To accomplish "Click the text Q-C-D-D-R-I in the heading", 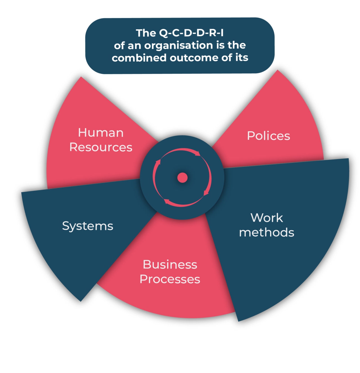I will [192, 33].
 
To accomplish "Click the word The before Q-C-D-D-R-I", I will [146, 33].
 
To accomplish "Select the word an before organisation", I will [134, 46].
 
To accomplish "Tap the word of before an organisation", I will [119, 46].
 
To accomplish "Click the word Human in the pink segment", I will [101, 133].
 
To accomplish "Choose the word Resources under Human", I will [101, 147].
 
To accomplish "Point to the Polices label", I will [268, 136].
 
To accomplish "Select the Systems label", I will [87, 226].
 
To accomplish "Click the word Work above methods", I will [267, 218].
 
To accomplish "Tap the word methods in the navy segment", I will [267, 233].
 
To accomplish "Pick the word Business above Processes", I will [170, 265].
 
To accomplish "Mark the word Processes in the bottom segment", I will [170, 279].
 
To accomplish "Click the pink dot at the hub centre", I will [183, 178].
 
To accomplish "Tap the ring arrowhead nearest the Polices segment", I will [198, 153].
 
